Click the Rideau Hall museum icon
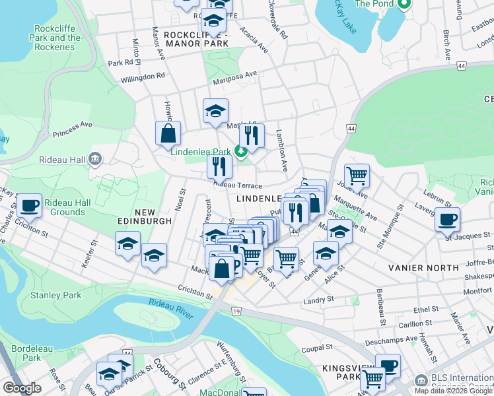tap(96, 158)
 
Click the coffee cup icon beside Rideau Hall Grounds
tap(29, 206)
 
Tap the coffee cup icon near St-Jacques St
tap(447, 218)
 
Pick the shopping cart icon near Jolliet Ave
tap(357, 176)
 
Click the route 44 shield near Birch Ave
tap(461, 65)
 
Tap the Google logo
tap(22, 388)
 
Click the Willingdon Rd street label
tap(143, 77)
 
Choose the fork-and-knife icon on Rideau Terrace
tap(219, 166)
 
